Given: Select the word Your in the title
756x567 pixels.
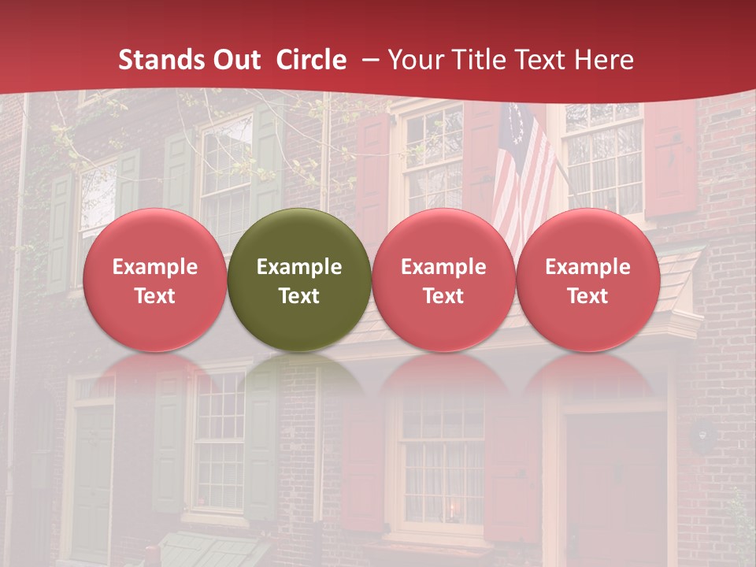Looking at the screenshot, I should pos(416,60).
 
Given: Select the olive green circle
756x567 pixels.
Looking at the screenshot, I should pos(299,280).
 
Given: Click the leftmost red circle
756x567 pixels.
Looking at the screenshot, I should pos(154,280).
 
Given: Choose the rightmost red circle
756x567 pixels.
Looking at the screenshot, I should pos(588,280).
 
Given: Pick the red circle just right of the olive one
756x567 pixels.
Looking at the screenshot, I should pos(443,280).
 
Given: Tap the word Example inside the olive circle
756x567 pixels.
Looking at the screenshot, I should pos(299,267).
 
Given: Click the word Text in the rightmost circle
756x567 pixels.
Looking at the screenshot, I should pos(588,296).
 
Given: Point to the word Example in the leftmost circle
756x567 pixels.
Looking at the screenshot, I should pos(154,267).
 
